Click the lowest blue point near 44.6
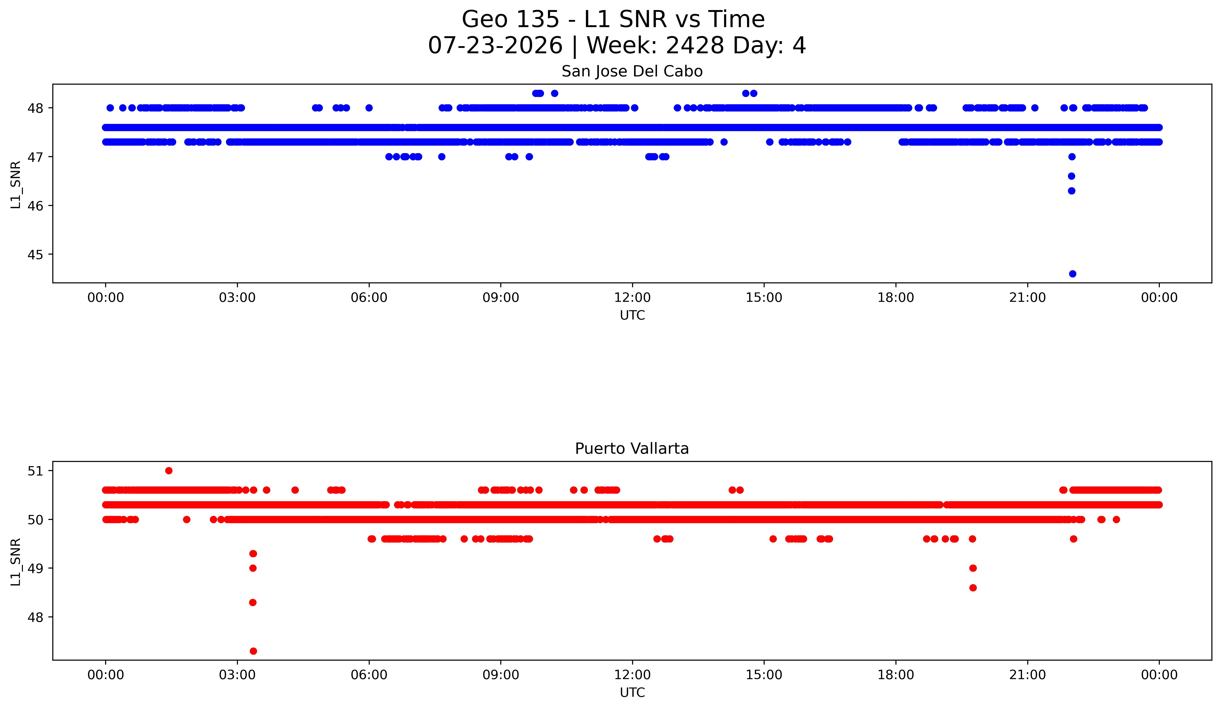coord(1072,274)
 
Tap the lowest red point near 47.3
coord(253,651)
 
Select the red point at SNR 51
coord(169,471)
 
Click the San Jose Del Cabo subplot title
coord(632,71)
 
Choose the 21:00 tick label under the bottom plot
coord(1027,675)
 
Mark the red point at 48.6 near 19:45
coord(973,588)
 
